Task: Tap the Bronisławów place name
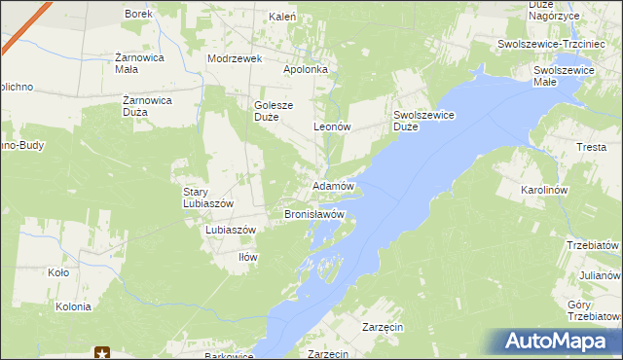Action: [x=314, y=213]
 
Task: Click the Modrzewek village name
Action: [x=236, y=58]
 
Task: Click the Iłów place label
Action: [x=248, y=257]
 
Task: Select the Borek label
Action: [x=137, y=14]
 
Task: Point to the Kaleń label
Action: [x=281, y=17]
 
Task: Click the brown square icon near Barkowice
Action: [x=104, y=353]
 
